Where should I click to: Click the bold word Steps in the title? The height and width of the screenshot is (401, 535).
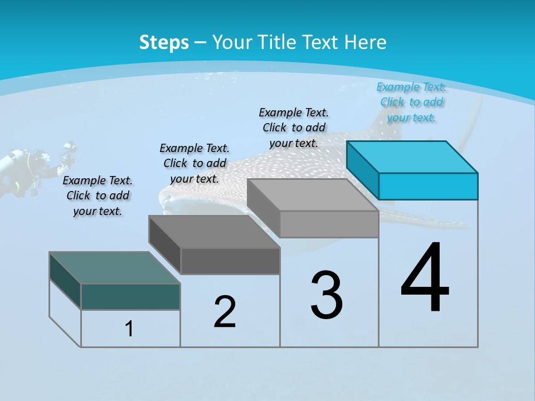pyautogui.click(x=164, y=42)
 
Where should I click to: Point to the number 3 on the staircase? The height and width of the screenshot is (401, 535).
pyautogui.click(x=327, y=295)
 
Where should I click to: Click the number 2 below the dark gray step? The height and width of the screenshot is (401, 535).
pyautogui.click(x=225, y=312)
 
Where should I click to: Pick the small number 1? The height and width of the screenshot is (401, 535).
pyautogui.click(x=129, y=329)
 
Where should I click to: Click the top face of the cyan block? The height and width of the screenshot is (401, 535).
pyautogui.click(x=412, y=157)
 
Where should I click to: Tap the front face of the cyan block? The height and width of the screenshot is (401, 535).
pyautogui.click(x=428, y=186)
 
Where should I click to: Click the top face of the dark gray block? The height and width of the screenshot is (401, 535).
pyautogui.click(x=215, y=231)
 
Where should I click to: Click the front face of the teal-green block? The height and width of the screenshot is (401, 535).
pyautogui.click(x=130, y=296)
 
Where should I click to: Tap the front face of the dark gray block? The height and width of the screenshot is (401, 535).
pyautogui.click(x=230, y=261)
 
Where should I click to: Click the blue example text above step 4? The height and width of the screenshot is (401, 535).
pyautogui.click(x=411, y=102)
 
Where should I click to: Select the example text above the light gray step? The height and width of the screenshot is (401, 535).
pyautogui.click(x=294, y=128)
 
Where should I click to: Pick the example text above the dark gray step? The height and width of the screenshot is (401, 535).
pyautogui.click(x=194, y=163)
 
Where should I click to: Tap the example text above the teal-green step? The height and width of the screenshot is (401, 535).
pyautogui.click(x=98, y=195)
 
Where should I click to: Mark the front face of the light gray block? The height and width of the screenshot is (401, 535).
pyautogui.click(x=329, y=224)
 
